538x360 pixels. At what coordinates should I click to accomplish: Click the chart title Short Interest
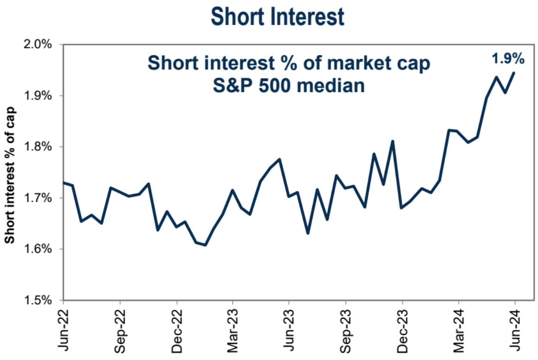(x=277, y=17)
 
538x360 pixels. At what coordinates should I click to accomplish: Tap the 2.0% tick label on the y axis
(x=38, y=45)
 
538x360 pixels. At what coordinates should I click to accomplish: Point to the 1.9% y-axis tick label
(x=38, y=96)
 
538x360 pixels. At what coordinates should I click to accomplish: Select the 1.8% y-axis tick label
(x=38, y=147)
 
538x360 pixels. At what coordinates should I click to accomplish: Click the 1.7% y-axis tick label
(x=38, y=198)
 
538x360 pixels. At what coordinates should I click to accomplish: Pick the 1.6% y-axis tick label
(x=38, y=249)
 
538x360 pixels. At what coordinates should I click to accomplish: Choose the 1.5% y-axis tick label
(x=38, y=300)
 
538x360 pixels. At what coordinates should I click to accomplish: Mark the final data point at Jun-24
(x=514, y=72)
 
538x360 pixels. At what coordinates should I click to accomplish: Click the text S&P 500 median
(x=289, y=86)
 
